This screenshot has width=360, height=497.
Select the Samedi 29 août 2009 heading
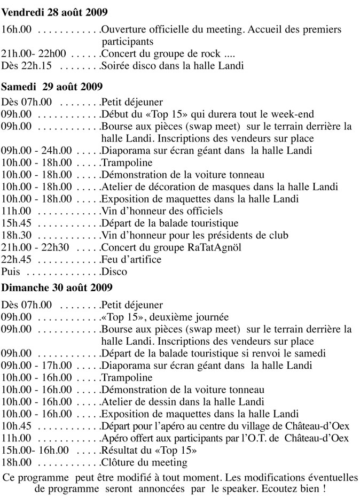pyautogui.click(x=52, y=86)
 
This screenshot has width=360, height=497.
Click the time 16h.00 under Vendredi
pyautogui.click(x=17, y=29)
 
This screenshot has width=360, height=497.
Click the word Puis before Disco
pyautogui.click(x=11, y=271)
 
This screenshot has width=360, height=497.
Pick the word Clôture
pyautogui.click(x=118, y=462)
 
